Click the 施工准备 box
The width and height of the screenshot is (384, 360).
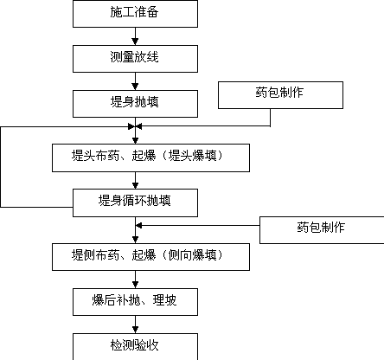[135, 14]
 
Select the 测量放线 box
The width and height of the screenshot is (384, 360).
[135, 59]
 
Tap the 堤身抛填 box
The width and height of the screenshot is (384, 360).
[135, 104]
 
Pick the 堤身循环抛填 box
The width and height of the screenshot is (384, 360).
[135, 202]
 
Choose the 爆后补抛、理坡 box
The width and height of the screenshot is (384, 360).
[135, 302]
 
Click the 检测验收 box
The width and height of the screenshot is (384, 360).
[135, 347]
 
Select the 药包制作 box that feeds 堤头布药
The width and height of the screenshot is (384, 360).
[280, 95]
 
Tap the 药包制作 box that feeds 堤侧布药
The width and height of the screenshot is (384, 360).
[322, 230]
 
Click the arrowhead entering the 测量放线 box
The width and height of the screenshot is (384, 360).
[135, 42]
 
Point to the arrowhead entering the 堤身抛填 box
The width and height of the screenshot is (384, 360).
[135, 87]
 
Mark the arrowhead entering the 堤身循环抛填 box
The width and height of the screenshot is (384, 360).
[135, 185]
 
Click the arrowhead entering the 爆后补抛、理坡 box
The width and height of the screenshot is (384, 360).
[135, 285]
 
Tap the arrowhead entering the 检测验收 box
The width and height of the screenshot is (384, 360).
[135, 330]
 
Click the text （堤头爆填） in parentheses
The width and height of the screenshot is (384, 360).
[192, 156]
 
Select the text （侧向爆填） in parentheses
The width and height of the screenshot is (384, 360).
[192, 255]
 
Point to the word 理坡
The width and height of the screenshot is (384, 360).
[164, 300]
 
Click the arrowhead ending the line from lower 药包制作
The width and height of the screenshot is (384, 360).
[138, 226]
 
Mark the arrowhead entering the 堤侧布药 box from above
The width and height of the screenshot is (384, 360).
[135, 240]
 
